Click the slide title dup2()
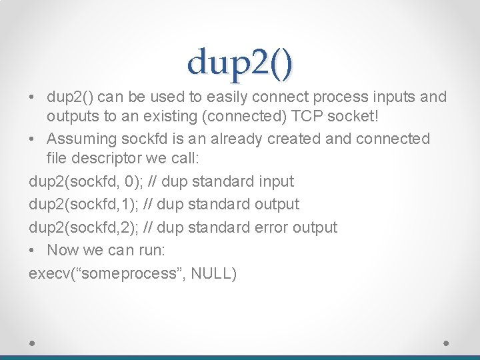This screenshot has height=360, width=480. pos(240,63)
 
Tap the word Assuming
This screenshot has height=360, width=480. pos(82,139)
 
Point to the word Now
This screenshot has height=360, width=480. pos(64,251)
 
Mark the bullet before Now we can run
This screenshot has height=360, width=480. pos(33,251)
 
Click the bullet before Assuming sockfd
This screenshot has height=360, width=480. pos(33,139)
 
